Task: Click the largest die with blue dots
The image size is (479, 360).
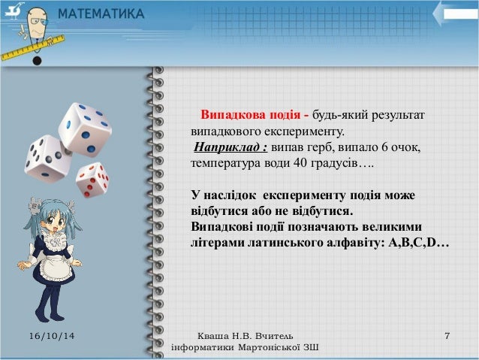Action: coord(84,129)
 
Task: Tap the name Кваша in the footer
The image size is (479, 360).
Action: coord(211,334)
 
